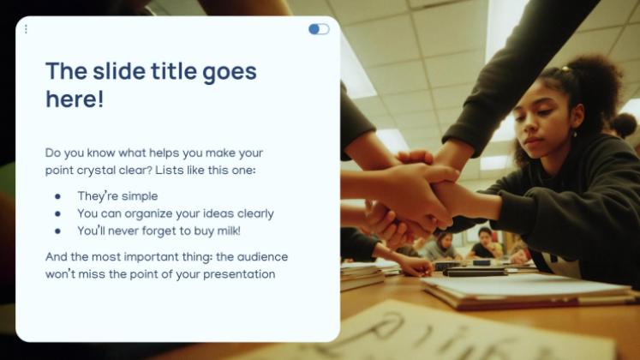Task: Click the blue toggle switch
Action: tap(319, 29)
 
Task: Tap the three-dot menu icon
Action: tap(26, 29)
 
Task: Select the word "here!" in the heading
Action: tap(75, 99)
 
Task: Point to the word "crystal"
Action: tap(96, 171)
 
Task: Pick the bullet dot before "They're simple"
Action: tap(57, 197)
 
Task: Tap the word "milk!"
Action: tap(229, 231)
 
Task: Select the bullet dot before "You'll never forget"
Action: tap(57, 231)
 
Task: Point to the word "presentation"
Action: tap(239, 274)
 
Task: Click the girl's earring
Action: tap(575, 133)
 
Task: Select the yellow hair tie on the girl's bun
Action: tap(565, 69)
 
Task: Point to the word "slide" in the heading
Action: tap(119, 71)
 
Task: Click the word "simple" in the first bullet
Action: tap(140, 196)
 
